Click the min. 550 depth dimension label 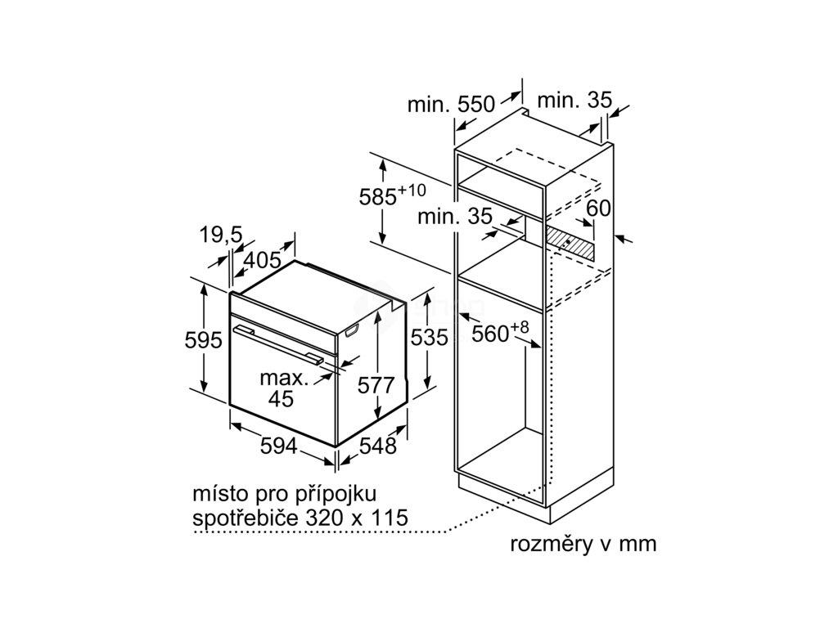[x=451, y=104]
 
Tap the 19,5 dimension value [x=220, y=235]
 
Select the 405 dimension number [x=263, y=261]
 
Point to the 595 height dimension [x=203, y=340]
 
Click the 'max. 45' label [x=283, y=388]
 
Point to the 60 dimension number [x=598, y=209]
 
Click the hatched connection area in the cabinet [x=572, y=241]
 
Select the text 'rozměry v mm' [x=583, y=545]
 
